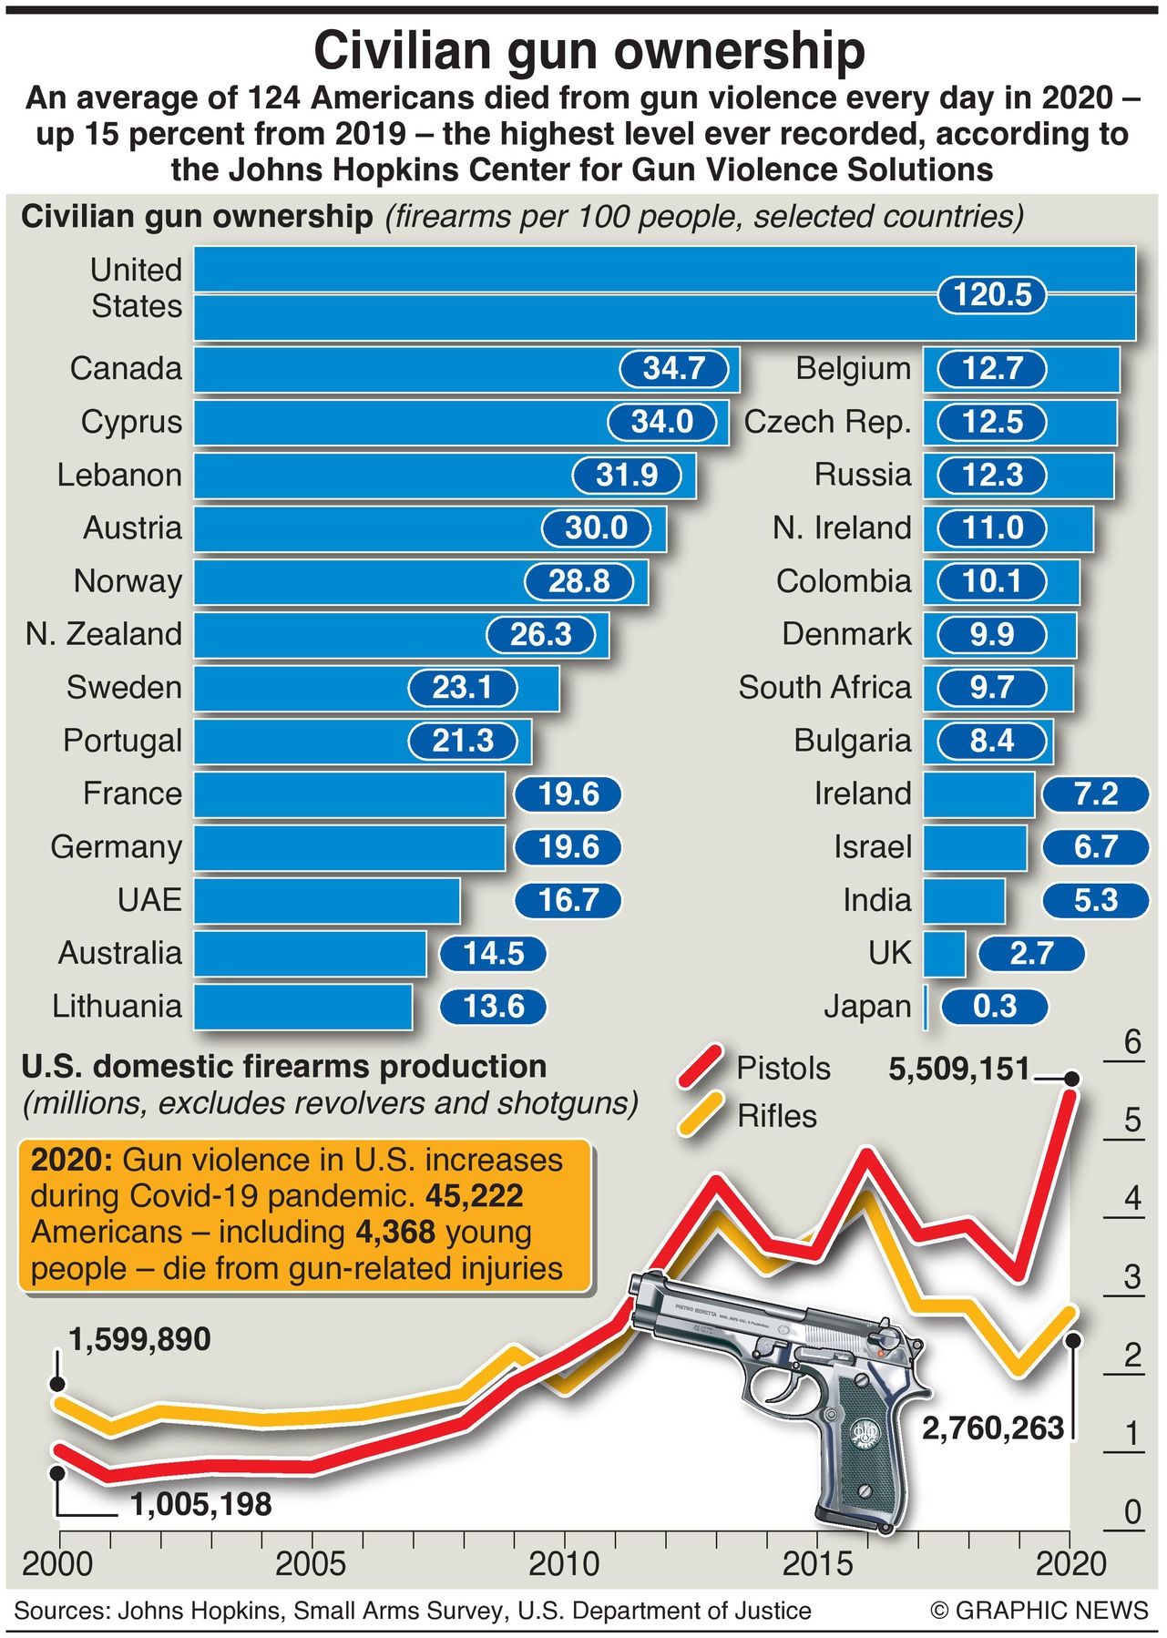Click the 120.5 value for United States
tap(991, 295)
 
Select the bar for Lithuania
tap(302, 1007)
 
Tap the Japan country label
tap(866, 1007)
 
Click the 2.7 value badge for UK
tap(1031, 954)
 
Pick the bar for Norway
tap(364, 582)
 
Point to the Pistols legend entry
tap(783, 1068)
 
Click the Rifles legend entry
tap(776, 1116)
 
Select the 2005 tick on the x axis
tap(312, 1563)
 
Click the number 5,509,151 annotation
tap(958, 1069)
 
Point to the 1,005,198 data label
tap(200, 1504)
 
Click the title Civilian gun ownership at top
tap(589, 50)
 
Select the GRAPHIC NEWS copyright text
tap(1039, 1611)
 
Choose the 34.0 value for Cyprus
tap(662, 422)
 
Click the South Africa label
tap(824, 688)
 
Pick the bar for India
tap(964, 901)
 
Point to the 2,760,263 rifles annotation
tap(993, 1428)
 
